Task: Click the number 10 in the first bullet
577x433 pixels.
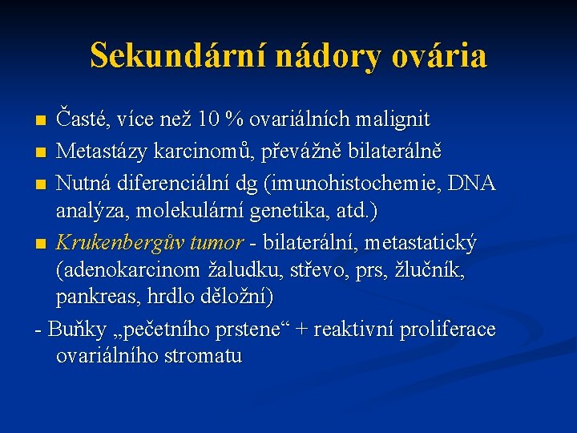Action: coord(206,120)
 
